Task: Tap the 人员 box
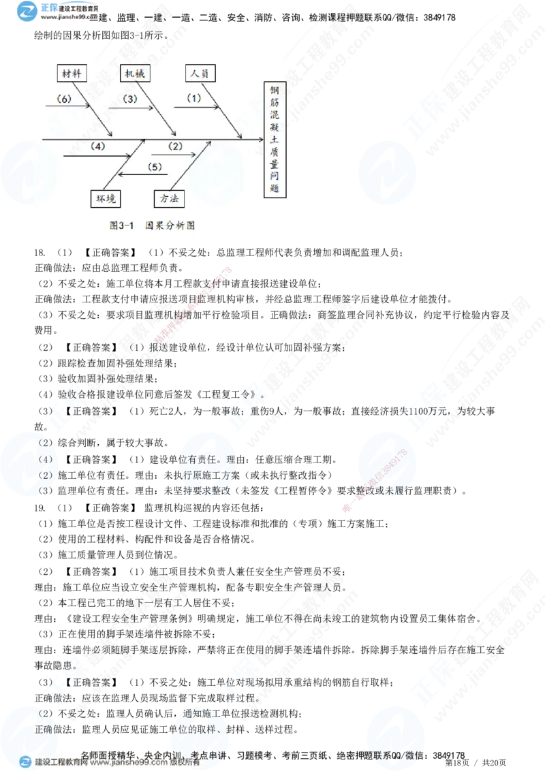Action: [199, 73]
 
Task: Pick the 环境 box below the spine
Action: [106, 198]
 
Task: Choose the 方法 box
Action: [169, 198]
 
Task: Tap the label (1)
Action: [194, 98]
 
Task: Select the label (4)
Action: [98, 146]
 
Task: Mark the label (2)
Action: [175, 146]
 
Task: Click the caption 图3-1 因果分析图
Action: [152, 225]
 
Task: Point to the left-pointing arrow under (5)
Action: [140, 175]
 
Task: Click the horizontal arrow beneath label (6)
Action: [68, 106]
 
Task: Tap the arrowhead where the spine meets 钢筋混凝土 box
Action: [261, 139]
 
